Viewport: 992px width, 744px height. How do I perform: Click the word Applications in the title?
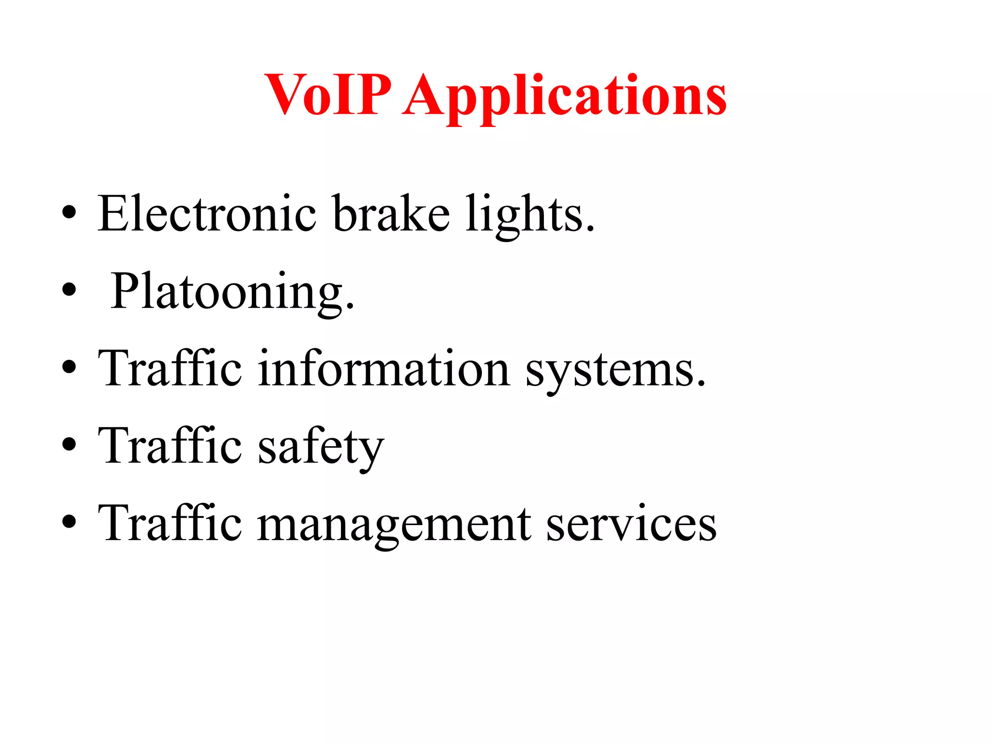pyautogui.click(x=564, y=96)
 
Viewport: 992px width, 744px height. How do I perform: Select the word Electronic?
pyautogui.click(x=207, y=214)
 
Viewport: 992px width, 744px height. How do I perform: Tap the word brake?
pyautogui.click(x=391, y=214)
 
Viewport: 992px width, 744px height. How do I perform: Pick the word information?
pyautogui.click(x=384, y=369)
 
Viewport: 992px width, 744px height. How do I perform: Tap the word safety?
pyautogui.click(x=321, y=447)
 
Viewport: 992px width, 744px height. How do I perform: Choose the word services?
pyautogui.click(x=631, y=524)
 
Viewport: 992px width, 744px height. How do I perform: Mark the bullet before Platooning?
pyautogui.click(x=69, y=290)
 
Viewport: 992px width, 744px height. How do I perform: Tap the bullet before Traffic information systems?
pyautogui.click(x=69, y=367)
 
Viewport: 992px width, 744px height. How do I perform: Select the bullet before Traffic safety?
pyautogui.click(x=69, y=445)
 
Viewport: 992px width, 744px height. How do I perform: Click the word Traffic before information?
pyautogui.click(x=170, y=369)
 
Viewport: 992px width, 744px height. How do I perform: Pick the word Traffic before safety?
pyautogui.click(x=170, y=446)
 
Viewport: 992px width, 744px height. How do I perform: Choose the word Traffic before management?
pyautogui.click(x=170, y=524)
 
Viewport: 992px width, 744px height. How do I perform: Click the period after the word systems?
pyautogui.click(x=701, y=384)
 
